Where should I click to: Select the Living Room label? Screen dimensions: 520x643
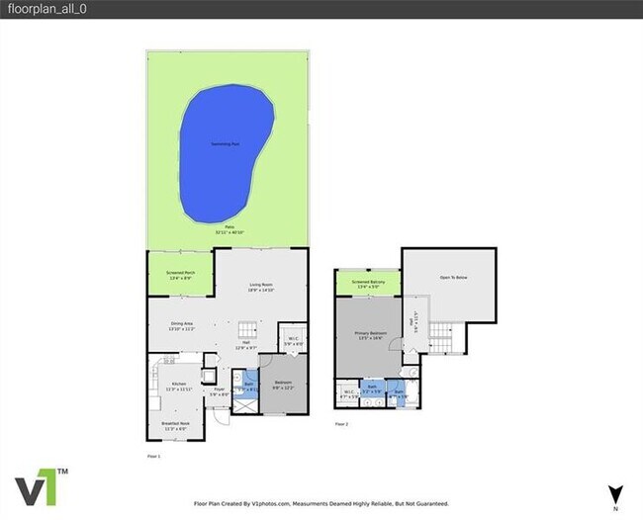point(261,287)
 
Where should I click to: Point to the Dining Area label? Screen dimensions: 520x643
point(180,324)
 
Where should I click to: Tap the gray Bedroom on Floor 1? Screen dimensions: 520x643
point(282,385)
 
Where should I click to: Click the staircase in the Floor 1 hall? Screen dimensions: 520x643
point(245,329)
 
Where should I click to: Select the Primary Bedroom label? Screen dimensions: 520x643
point(368,335)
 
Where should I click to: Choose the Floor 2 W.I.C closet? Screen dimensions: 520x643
point(348,392)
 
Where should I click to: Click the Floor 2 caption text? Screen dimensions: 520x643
point(341,423)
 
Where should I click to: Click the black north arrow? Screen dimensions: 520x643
point(615,493)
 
